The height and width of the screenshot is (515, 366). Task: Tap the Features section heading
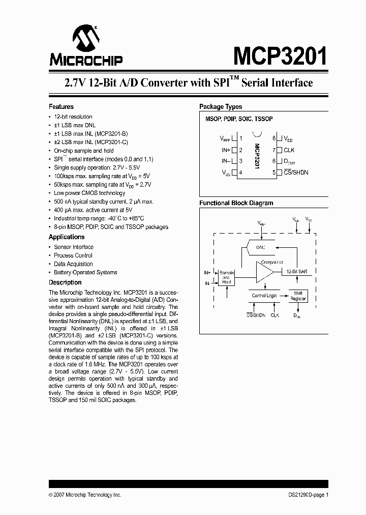(61, 107)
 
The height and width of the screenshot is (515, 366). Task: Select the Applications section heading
(67, 237)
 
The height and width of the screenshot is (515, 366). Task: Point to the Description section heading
(65, 282)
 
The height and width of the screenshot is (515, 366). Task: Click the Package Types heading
(221, 107)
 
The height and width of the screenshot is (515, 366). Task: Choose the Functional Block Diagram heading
(236, 203)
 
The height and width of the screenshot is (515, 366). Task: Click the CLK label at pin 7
(289, 150)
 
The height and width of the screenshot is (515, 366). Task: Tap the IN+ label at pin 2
(226, 150)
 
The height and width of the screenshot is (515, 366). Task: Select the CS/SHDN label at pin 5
(296, 173)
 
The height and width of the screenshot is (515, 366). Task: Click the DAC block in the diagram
(261, 247)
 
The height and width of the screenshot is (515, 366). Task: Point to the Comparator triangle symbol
(264, 273)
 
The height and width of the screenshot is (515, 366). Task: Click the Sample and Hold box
(226, 277)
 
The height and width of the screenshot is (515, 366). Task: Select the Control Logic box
(264, 296)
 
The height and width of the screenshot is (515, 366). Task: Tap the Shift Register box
(298, 296)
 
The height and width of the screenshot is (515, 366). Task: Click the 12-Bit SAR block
(296, 272)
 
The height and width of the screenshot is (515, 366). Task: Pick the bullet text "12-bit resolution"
(73, 117)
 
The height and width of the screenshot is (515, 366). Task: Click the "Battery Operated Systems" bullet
(85, 273)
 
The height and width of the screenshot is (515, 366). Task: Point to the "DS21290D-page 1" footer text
(304, 495)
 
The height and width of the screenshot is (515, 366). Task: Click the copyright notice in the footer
(85, 495)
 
